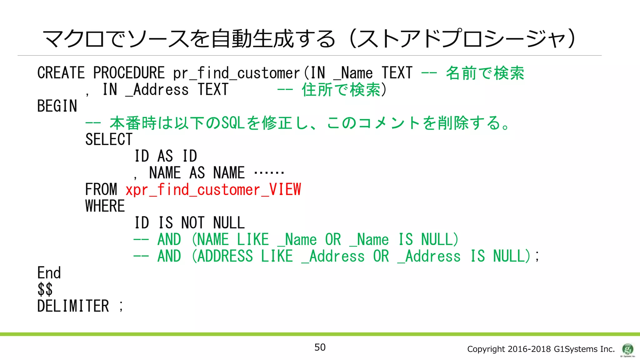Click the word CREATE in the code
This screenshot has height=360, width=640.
(x=61, y=73)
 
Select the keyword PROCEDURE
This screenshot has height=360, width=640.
(x=129, y=73)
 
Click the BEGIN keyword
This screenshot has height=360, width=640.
(x=57, y=106)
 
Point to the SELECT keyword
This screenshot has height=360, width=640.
(x=109, y=139)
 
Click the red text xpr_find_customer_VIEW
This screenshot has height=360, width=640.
(x=213, y=190)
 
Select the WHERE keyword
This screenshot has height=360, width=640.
(x=105, y=206)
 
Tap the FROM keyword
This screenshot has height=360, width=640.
(x=101, y=190)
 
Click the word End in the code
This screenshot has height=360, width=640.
(x=49, y=273)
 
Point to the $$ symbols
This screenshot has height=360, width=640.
(x=45, y=289)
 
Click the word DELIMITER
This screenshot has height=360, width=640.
(x=73, y=306)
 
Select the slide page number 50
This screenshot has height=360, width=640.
(x=320, y=347)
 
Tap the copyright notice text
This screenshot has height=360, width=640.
(x=541, y=349)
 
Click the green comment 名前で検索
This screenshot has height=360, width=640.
(x=485, y=73)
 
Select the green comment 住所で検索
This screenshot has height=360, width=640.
(x=341, y=90)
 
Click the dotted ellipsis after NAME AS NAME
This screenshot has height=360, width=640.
(x=269, y=172)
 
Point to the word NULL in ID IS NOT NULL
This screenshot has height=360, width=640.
(x=229, y=223)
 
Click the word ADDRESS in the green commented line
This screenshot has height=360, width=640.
(x=225, y=256)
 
